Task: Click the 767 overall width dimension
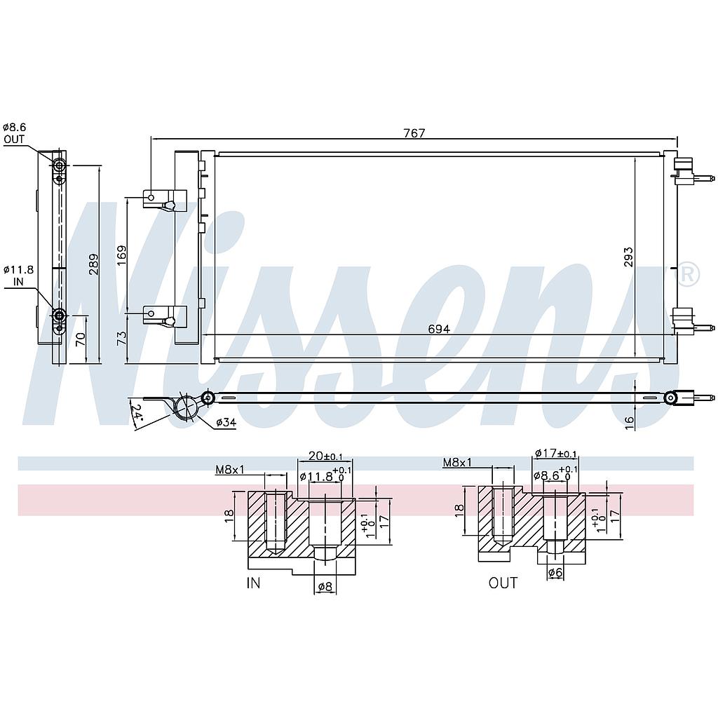click(x=414, y=133)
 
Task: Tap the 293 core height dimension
click(x=628, y=257)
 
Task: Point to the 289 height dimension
click(x=94, y=264)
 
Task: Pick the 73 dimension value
click(x=121, y=338)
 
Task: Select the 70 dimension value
click(x=81, y=340)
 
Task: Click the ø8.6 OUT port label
click(x=15, y=133)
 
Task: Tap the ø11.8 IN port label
click(x=18, y=276)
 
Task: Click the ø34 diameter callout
click(x=225, y=422)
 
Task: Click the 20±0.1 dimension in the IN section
click(x=320, y=456)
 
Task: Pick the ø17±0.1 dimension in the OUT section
click(x=555, y=454)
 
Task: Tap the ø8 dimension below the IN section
click(x=325, y=587)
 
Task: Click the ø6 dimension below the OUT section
click(x=555, y=573)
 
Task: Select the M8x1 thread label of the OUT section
click(x=457, y=462)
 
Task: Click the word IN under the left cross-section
click(x=254, y=583)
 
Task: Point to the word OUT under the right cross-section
click(x=503, y=583)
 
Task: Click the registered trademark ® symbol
click(x=689, y=274)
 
